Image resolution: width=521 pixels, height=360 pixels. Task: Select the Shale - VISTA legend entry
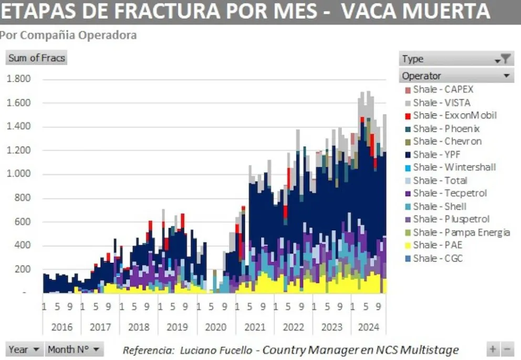pos(442,102)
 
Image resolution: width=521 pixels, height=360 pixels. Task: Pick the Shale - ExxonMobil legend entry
pos(455,115)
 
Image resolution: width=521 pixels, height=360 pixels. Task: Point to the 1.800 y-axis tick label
pos(18,79)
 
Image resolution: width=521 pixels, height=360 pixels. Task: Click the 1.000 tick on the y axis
pos(18,174)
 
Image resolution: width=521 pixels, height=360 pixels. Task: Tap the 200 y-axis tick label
pos(23,270)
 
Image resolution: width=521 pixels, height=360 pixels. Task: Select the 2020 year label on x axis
pos(216,327)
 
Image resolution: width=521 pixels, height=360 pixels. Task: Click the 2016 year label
pos(61,327)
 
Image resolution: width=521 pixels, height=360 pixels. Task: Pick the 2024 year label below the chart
pos(369,327)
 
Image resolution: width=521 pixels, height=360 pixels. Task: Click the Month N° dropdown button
pos(74,349)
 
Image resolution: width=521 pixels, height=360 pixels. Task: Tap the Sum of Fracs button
pos(37,58)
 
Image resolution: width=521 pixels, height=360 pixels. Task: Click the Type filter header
pos(456,59)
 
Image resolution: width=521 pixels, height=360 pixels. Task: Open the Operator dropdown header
pos(456,76)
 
